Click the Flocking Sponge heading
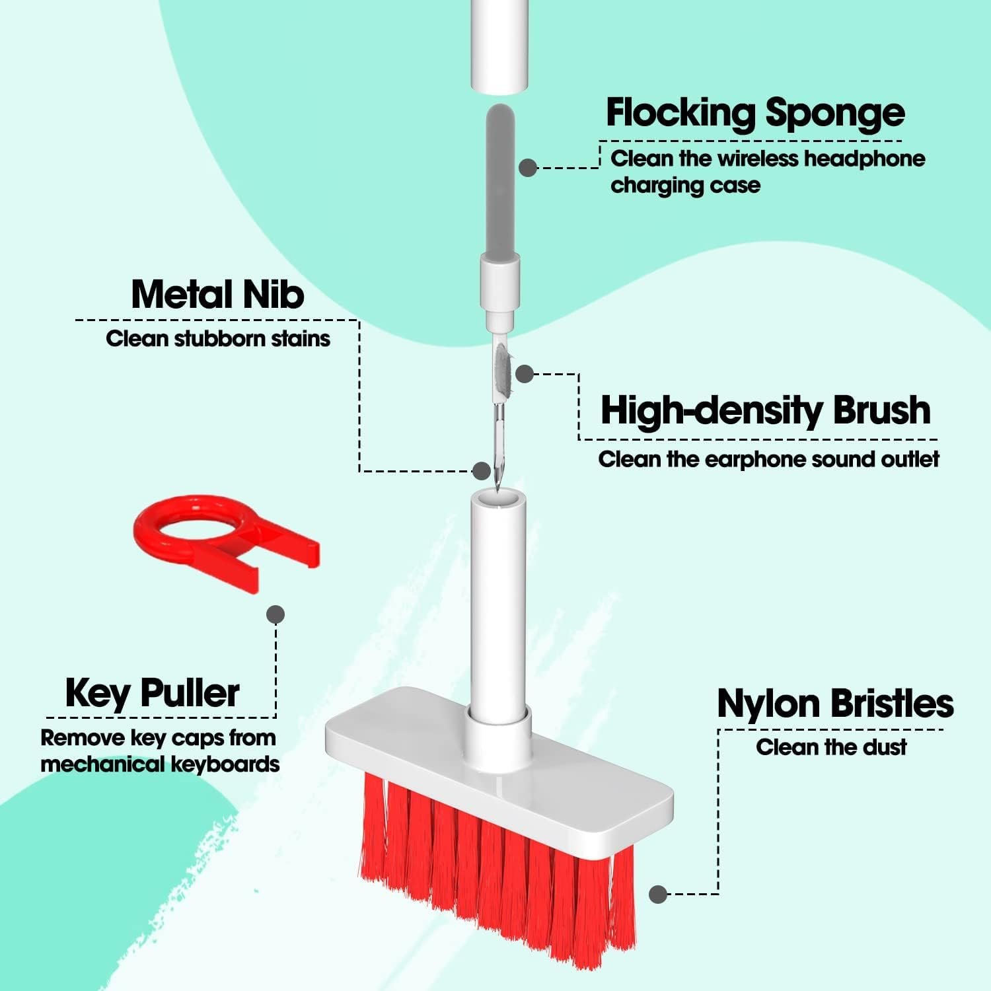coord(754,114)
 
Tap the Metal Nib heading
coord(217,295)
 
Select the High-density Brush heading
coord(765,410)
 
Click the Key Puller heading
coord(152,694)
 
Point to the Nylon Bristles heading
coord(835,704)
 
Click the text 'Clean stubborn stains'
coord(217,339)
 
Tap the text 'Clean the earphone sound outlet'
coord(768,459)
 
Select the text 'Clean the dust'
coord(830,747)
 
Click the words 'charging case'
coord(685,186)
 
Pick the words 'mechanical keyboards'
coord(160,764)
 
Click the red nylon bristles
coord(495,872)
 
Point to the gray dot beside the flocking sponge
coord(527,168)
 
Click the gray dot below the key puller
coord(275,614)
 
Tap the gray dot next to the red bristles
coord(657,895)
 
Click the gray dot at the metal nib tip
coord(482,471)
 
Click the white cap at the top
coord(500,43)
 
